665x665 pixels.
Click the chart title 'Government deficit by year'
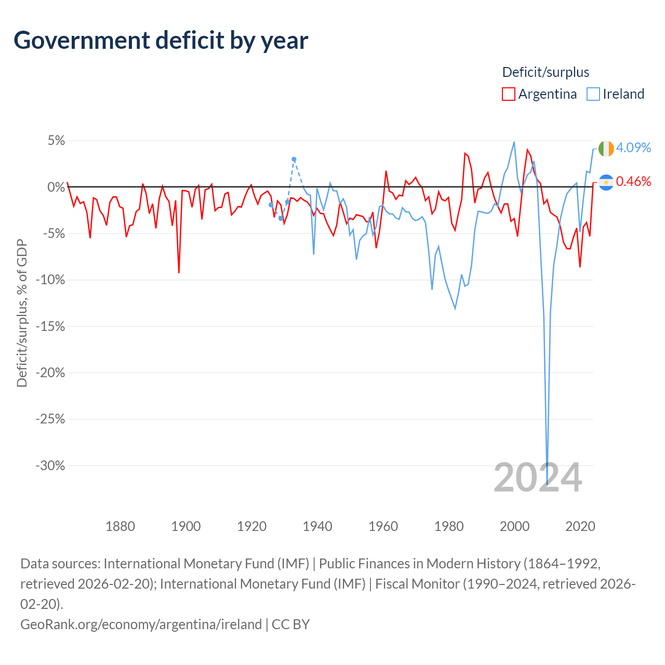(161, 41)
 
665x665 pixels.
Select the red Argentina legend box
(508, 94)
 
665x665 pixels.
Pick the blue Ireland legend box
(593, 94)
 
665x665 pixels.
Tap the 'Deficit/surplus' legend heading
(546, 72)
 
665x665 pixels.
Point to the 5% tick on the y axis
(56, 141)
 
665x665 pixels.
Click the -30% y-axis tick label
(50, 465)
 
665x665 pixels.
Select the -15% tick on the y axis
(50, 326)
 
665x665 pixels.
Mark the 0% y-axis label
(56, 187)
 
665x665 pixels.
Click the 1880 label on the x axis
(120, 526)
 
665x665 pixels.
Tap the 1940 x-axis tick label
(317, 526)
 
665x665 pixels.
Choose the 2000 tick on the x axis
(514, 526)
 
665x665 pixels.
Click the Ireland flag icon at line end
(606, 149)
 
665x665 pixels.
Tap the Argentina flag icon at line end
(606, 182)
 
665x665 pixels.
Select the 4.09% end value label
(633, 148)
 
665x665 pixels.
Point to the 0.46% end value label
(633, 181)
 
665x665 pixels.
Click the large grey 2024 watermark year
(538, 477)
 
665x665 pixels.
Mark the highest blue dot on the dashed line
(294, 159)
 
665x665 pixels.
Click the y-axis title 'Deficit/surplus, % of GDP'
(22, 313)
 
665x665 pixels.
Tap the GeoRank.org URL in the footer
(141, 624)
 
